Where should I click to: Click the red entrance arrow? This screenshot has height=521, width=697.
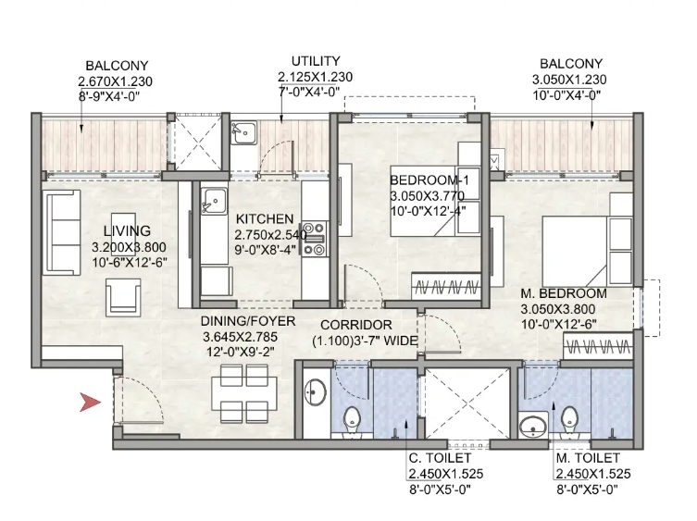pyautogui.click(x=90, y=403)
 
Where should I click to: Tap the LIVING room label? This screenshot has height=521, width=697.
pyautogui.click(x=127, y=230)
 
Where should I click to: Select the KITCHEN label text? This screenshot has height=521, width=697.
pyautogui.click(x=265, y=218)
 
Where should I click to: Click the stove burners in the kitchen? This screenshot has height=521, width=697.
pyautogui.click(x=314, y=239)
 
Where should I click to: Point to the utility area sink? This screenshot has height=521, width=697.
pyautogui.click(x=243, y=132)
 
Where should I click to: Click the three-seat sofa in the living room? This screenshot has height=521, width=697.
pyautogui.click(x=61, y=232)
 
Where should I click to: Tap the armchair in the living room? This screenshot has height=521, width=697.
pyautogui.click(x=123, y=297)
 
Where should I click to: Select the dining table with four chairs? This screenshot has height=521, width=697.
pyautogui.click(x=244, y=394)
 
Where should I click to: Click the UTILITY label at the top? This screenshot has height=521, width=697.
pyautogui.click(x=316, y=61)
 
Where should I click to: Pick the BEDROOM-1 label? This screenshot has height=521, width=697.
pyautogui.click(x=429, y=180)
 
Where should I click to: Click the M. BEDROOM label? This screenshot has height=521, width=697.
pyautogui.click(x=564, y=293)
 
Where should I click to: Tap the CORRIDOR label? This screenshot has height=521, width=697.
pyautogui.click(x=356, y=325)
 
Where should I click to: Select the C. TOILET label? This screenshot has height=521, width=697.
pyautogui.click(x=440, y=458)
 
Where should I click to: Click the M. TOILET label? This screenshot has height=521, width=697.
pyautogui.click(x=588, y=458)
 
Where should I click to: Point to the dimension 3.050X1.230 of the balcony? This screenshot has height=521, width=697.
pyautogui.click(x=569, y=80)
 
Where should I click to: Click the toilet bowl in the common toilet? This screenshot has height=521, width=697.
pyautogui.click(x=353, y=420)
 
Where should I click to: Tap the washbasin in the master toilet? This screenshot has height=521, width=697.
pyautogui.click(x=533, y=427)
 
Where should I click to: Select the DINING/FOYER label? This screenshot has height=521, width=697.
pyautogui.click(x=247, y=321)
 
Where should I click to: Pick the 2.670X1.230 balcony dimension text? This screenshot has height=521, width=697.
pyautogui.click(x=115, y=81)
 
